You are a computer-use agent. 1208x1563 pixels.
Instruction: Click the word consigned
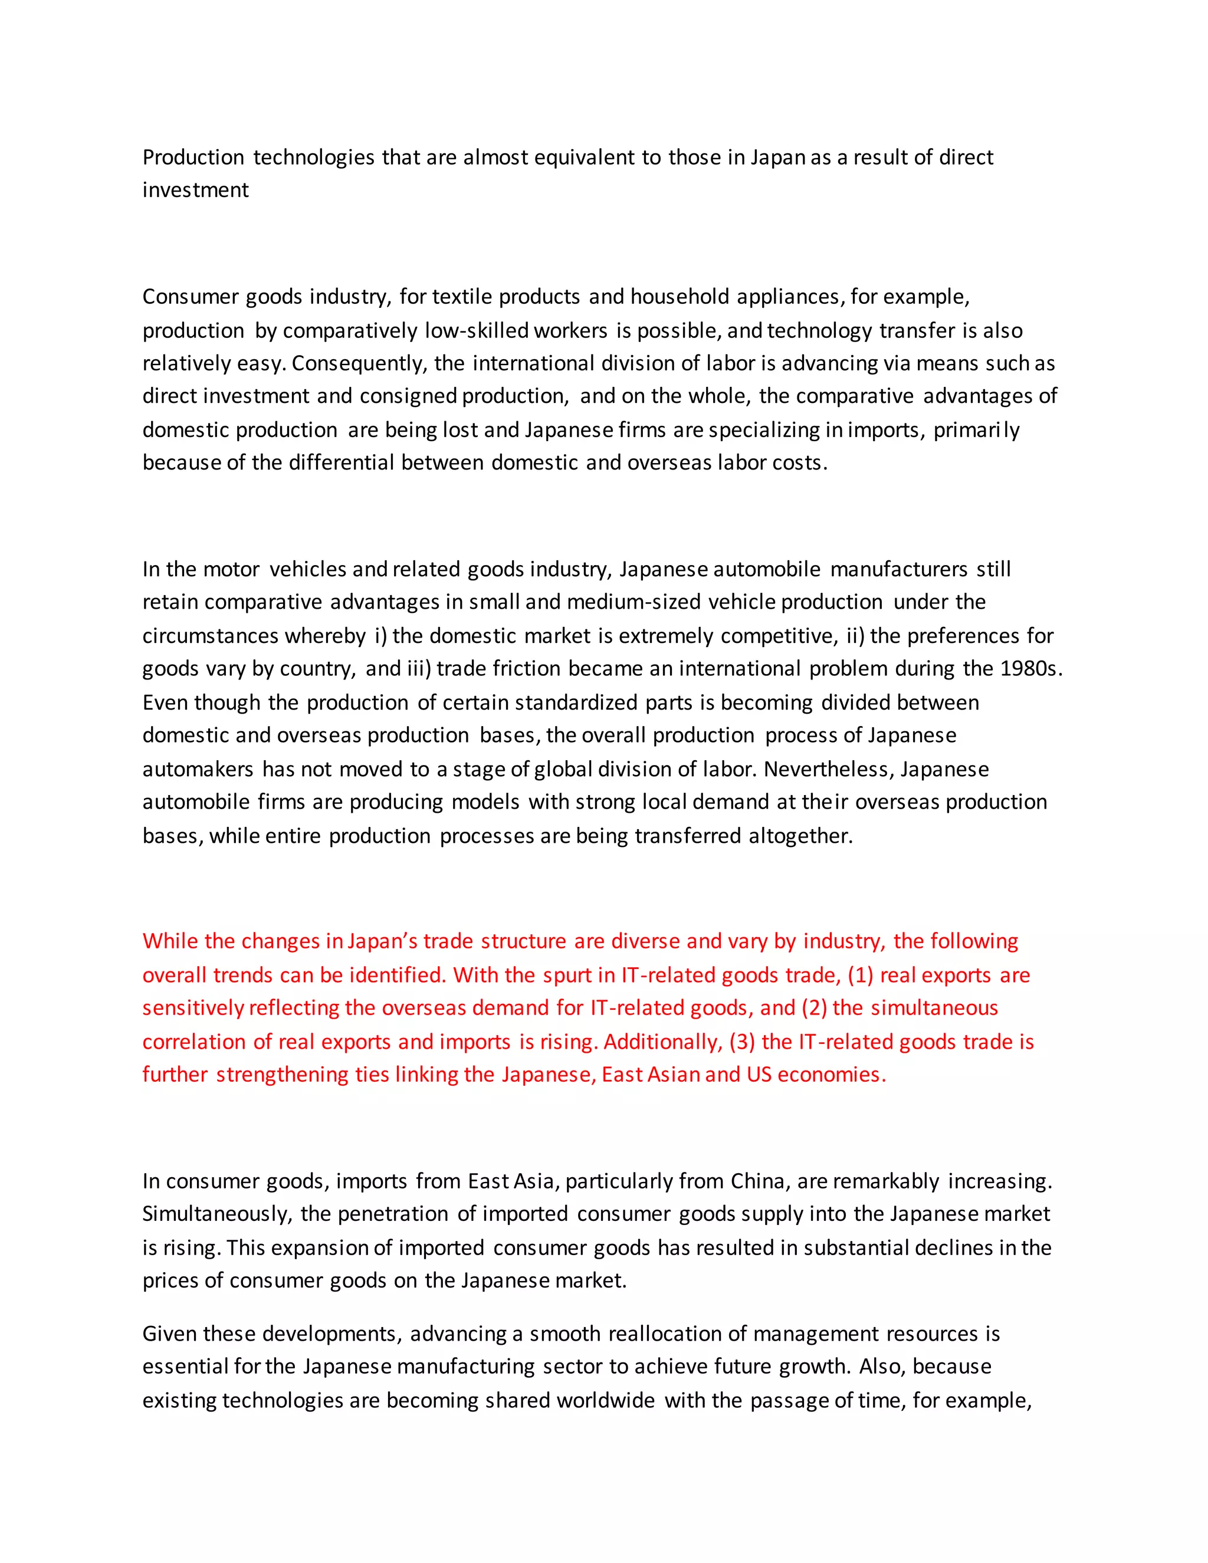coord(408,396)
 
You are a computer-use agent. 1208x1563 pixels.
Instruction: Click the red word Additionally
coord(662,1042)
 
